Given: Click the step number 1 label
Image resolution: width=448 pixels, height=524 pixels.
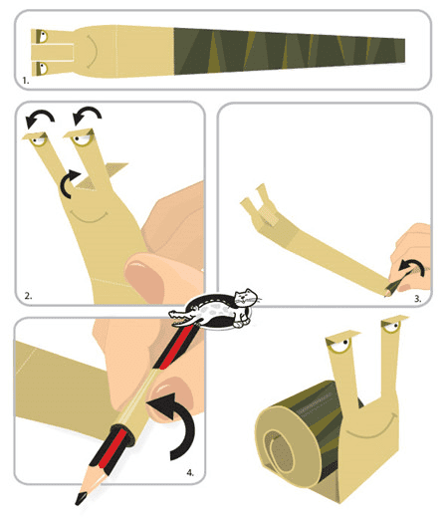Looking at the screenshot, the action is [x=26, y=81].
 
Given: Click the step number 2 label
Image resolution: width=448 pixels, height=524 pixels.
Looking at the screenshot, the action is [x=28, y=296].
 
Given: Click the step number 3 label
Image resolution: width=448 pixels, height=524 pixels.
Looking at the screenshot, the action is [x=418, y=299].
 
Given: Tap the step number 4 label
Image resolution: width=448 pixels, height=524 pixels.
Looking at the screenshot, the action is [x=190, y=473].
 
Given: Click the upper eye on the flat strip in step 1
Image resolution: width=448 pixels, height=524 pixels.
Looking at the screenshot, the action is [x=42, y=36].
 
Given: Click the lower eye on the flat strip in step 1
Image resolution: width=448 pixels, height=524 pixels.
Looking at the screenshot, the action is [x=42, y=68].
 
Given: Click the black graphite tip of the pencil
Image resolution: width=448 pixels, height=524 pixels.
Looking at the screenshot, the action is [x=82, y=497].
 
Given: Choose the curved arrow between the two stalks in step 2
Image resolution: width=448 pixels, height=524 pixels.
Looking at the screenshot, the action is [x=67, y=182].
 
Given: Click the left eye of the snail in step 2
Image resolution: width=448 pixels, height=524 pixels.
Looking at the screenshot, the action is [x=38, y=139].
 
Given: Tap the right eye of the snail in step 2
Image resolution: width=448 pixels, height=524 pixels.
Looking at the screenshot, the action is [x=82, y=138].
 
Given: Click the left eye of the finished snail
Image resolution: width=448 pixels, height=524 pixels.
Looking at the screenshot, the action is [x=340, y=345].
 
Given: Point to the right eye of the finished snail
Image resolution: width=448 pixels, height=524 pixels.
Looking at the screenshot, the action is [x=392, y=325].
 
